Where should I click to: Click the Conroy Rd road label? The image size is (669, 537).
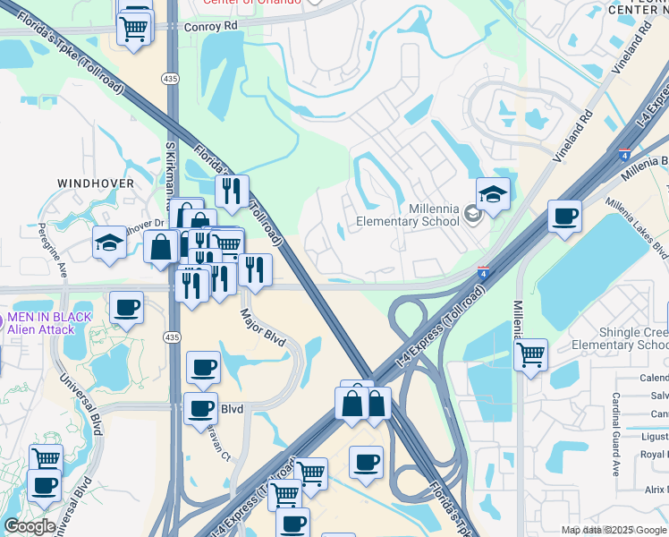[x=212, y=26]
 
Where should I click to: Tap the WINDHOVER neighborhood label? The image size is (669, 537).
[x=96, y=183]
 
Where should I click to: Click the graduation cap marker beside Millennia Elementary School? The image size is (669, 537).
[x=492, y=194]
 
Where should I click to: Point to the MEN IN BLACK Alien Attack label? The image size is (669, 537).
[x=50, y=323]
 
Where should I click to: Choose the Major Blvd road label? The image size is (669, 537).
[x=262, y=328]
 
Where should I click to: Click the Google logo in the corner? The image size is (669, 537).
[x=30, y=526]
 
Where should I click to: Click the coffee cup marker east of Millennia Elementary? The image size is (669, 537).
[x=564, y=217]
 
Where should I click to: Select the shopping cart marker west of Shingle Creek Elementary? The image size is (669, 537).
[x=531, y=355]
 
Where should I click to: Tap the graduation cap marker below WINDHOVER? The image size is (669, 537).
[x=110, y=243]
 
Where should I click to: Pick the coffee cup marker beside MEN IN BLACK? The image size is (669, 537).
[x=126, y=308]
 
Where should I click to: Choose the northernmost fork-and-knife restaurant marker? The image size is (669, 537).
[x=231, y=191]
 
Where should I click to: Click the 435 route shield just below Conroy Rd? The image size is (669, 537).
[x=170, y=79]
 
